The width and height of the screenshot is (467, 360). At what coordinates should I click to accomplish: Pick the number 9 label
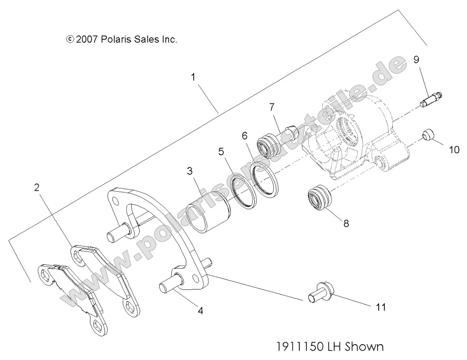click(x=416, y=60)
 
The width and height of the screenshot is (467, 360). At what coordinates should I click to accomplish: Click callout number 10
click(x=454, y=150)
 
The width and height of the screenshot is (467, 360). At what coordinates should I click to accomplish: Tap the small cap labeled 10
click(x=429, y=135)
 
